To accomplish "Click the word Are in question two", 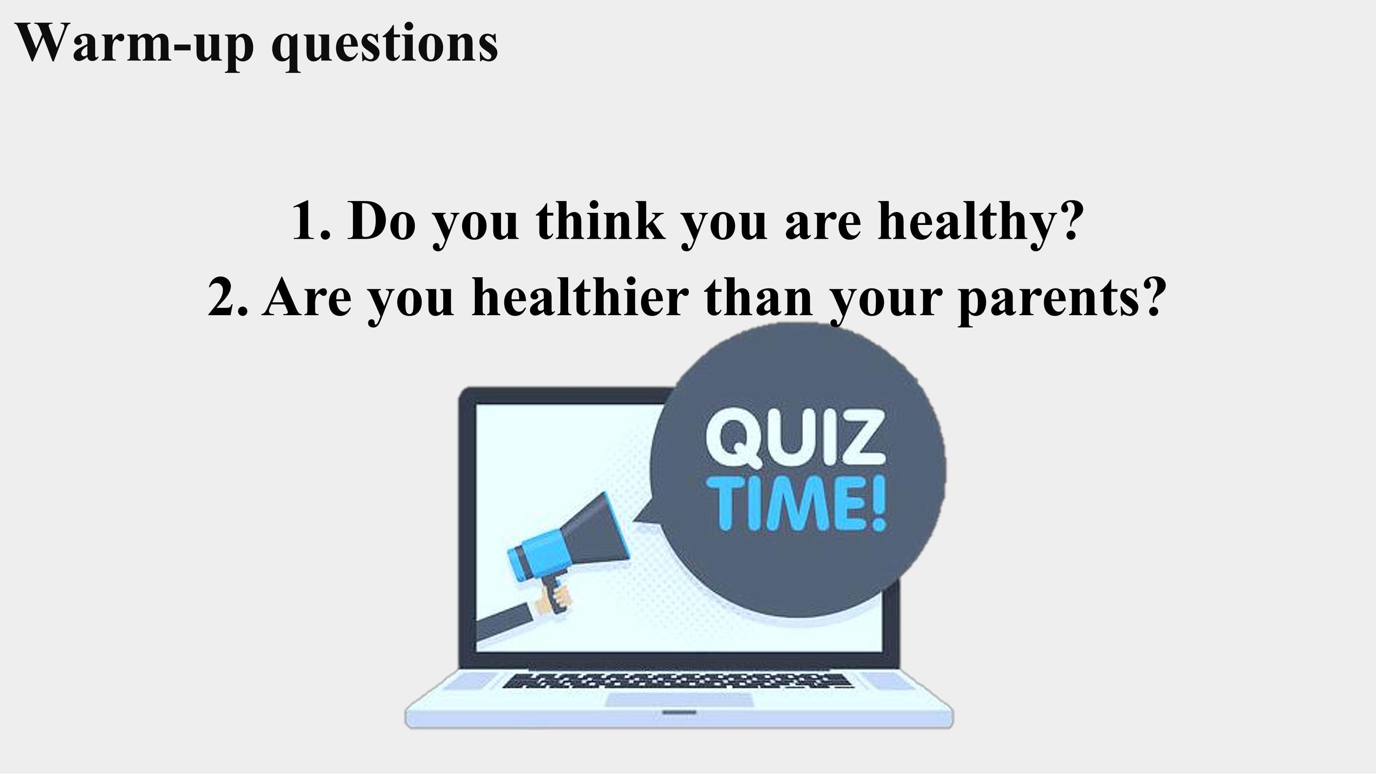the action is (x=307, y=297).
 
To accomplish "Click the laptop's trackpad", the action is (x=680, y=700).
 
